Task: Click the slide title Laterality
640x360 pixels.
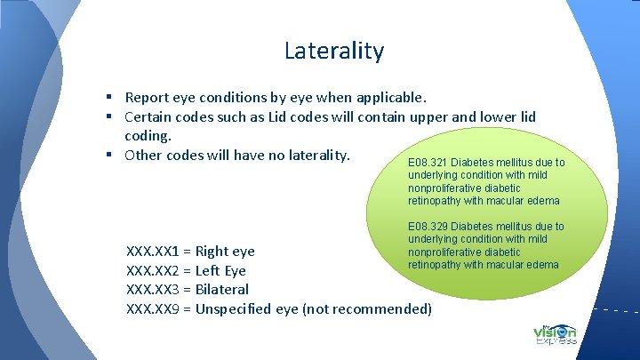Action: (333, 51)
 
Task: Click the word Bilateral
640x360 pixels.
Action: (221, 289)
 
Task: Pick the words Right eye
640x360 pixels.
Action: (225, 252)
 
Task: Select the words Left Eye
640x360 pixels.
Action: (220, 270)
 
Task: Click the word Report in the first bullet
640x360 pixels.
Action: (147, 97)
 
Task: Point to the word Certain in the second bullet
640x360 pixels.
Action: (149, 116)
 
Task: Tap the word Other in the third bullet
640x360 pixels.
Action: (143, 155)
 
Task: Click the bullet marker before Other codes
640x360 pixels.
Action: (106, 155)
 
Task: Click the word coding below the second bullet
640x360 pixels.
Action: (148, 136)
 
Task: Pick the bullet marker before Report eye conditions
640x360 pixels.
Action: (106, 97)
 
